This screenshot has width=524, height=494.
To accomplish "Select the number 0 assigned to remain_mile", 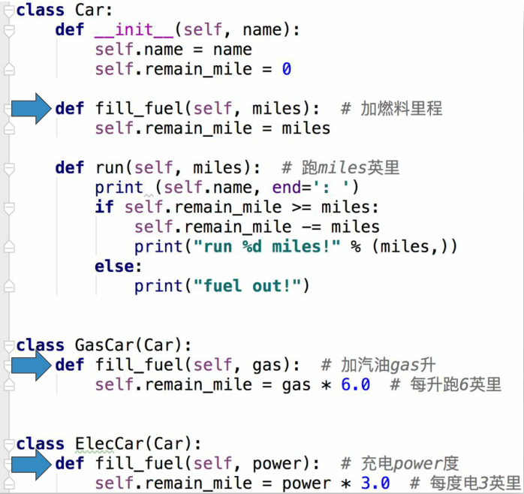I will point(286,69).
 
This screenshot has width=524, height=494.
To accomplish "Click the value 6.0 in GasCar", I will point(356,385).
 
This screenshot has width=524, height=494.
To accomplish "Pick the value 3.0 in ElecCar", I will point(375,483).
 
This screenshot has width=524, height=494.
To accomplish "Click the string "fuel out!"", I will point(251,286).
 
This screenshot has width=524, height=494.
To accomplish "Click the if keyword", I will point(104,206).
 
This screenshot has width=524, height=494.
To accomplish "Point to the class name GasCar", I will point(104,345).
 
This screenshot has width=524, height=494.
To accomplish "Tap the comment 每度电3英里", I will point(465,483).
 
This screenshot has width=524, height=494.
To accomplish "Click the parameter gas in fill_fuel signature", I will point(266,365).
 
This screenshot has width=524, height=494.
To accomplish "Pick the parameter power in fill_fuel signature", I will point(276,464).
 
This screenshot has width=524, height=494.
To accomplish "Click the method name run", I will point(110,167).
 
